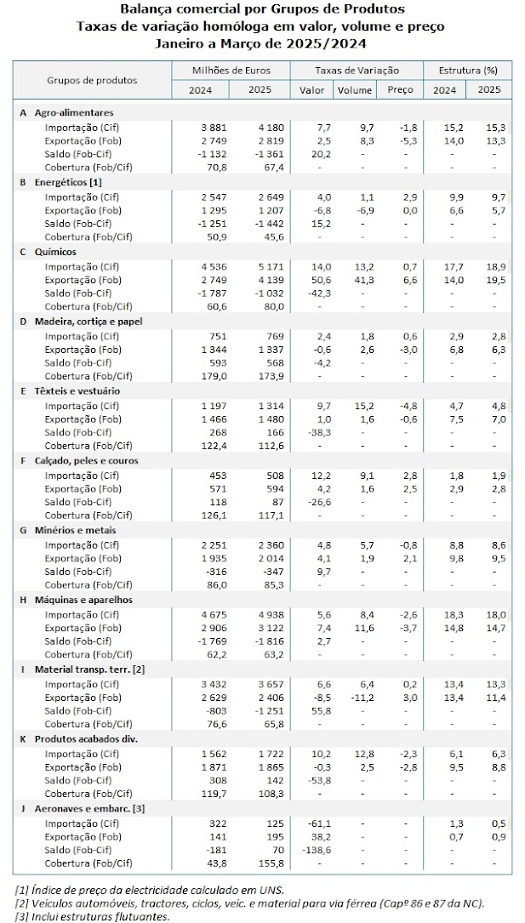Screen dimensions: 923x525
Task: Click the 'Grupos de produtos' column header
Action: pos(91,80)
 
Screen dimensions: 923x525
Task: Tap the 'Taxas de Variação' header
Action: pos(357,70)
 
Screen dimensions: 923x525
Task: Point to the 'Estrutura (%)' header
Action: pos(467,70)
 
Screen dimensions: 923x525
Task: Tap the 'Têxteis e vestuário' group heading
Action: pos(76,390)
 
